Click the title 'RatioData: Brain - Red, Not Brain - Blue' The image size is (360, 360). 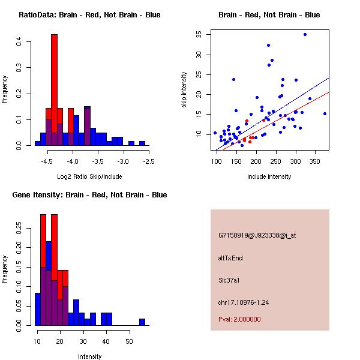[89, 14]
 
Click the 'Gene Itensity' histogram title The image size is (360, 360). [89, 194]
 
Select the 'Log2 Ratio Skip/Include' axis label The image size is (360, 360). [89, 176]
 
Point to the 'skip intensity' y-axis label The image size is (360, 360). [184, 89]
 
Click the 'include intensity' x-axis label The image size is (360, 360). [269, 176]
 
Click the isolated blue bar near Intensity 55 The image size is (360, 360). [142, 322]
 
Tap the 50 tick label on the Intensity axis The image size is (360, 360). [129, 342]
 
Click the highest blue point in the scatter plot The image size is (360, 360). [305, 34]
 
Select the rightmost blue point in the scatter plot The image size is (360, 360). [325, 113]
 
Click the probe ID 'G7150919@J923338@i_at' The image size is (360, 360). [257, 235]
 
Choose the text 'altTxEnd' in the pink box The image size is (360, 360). [230, 258]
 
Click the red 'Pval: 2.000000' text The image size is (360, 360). [240, 319]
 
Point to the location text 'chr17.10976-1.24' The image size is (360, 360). [244, 302]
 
